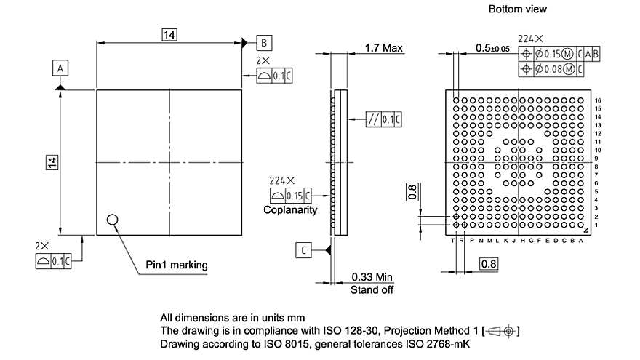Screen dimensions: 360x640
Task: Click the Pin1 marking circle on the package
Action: [113, 220]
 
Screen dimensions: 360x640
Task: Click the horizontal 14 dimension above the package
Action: [169, 34]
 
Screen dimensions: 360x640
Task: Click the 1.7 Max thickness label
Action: [384, 48]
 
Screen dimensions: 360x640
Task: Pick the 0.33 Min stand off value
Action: [372, 277]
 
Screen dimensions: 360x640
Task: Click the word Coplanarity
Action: [290, 210]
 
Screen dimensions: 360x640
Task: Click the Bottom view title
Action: [517, 9]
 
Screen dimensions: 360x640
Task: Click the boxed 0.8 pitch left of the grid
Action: [412, 191]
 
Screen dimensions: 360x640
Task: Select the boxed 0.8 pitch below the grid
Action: [487, 263]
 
